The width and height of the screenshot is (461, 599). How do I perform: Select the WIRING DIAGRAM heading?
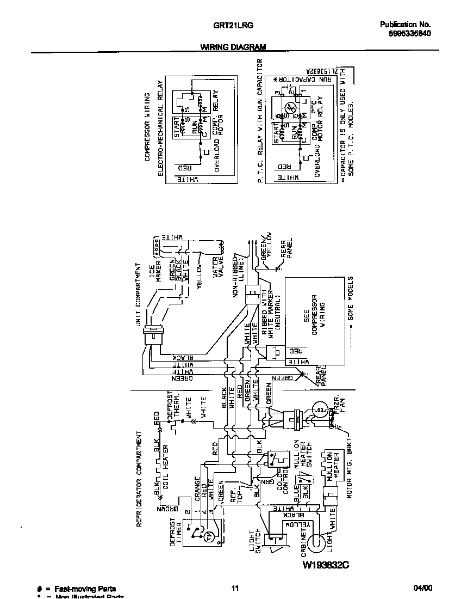coord(234,47)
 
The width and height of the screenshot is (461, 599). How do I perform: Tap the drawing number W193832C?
coord(325,565)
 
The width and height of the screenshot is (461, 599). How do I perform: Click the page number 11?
coord(235,588)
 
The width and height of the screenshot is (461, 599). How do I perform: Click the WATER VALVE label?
coord(218,268)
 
